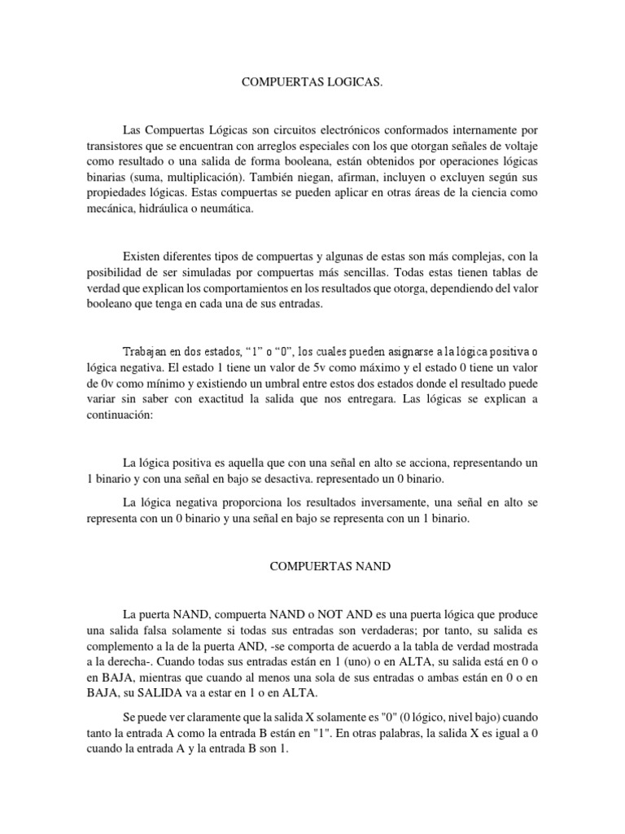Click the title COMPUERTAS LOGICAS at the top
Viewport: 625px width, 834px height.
[x=312, y=84]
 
